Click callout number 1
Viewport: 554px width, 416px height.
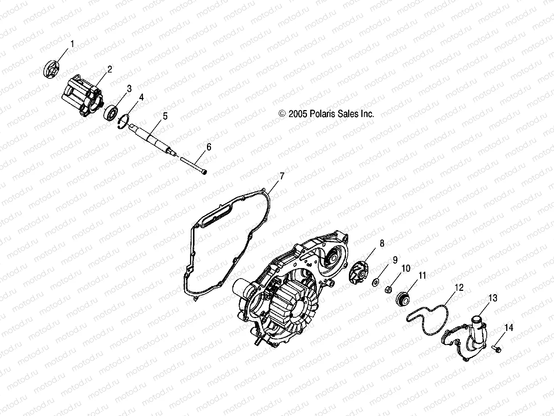[x=72, y=44]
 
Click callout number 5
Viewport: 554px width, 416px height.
[x=165, y=116]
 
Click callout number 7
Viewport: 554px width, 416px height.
[x=282, y=176]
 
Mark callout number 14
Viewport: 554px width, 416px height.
[x=509, y=327]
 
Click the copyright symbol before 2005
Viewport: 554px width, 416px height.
[x=282, y=114]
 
